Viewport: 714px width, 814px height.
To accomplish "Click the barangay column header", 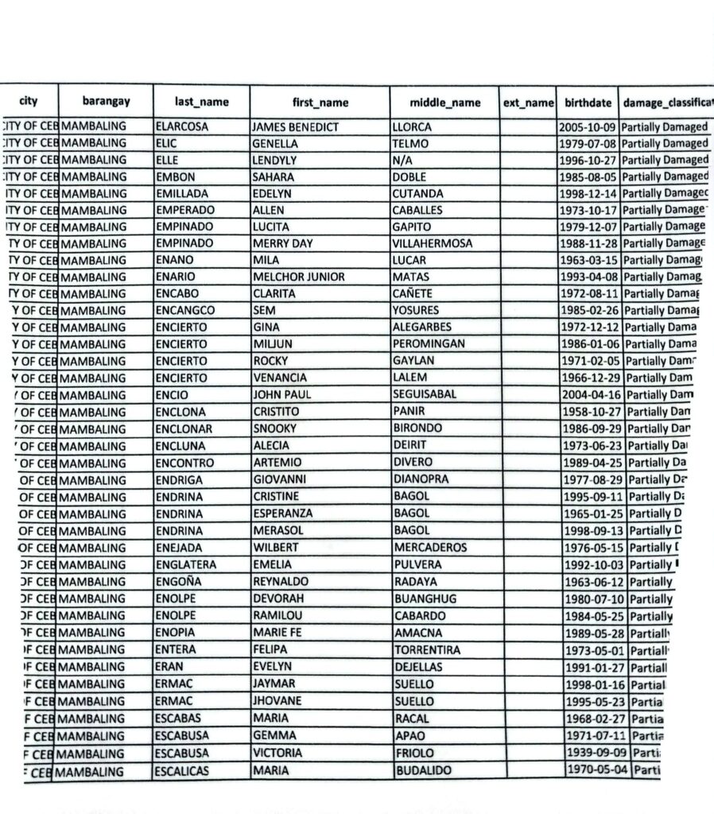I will [106, 102].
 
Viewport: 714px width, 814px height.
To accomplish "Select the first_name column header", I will [320, 103].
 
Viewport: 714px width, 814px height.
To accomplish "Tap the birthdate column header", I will [588, 103].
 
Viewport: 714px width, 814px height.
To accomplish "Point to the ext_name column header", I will [528, 103].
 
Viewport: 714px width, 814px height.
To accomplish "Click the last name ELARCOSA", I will [182, 127].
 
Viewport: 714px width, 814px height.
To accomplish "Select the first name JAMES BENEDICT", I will [295, 127].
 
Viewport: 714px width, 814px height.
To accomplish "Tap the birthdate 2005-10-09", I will [588, 127].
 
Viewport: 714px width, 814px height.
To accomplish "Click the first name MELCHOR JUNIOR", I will [298, 277].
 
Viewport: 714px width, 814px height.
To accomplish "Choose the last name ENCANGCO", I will [185, 310].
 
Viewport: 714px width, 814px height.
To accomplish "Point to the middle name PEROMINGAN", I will [429, 344].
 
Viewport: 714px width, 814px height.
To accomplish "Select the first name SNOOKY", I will [274, 428].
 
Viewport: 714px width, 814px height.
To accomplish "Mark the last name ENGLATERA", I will [188, 564].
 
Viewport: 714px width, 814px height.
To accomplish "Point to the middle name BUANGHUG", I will [425, 599].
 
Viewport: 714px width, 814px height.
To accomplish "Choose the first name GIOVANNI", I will [279, 479].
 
